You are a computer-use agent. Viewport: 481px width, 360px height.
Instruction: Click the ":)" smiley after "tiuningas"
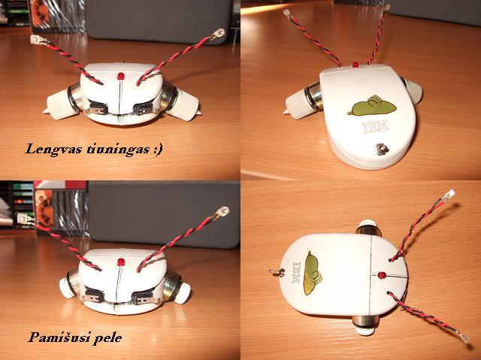pyautogui.click(x=158, y=150)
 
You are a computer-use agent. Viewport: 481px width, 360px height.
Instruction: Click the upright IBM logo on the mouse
pyautogui.click(x=376, y=126)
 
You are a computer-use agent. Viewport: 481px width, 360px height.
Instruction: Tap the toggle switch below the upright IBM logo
pyautogui.click(x=382, y=150)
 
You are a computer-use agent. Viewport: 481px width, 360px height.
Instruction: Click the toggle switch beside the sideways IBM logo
pyautogui.click(x=277, y=271)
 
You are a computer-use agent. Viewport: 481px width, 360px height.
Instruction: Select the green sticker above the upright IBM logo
pyautogui.click(x=372, y=106)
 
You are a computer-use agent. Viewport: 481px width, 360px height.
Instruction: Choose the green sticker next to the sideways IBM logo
pyautogui.click(x=313, y=273)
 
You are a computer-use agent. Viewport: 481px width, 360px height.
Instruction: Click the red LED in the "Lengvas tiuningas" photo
pyautogui.click(x=121, y=76)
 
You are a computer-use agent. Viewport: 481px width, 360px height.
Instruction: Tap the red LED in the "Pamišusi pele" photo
pyautogui.click(x=121, y=262)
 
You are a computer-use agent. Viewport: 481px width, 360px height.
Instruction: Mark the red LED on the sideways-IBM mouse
pyautogui.click(x=382, y=275)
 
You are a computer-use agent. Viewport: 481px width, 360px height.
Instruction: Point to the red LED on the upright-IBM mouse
pyautogui.click(x=355, y=65)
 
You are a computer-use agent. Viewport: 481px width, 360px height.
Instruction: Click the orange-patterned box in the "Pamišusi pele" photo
pyautogui.click(x=44, y=208)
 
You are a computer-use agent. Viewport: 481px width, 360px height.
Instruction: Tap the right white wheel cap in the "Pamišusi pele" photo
pyautogui.click(x=182, y=293)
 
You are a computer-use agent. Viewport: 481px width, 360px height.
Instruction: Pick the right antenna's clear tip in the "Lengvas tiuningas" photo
pyautogui.click(x=219, y=33)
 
